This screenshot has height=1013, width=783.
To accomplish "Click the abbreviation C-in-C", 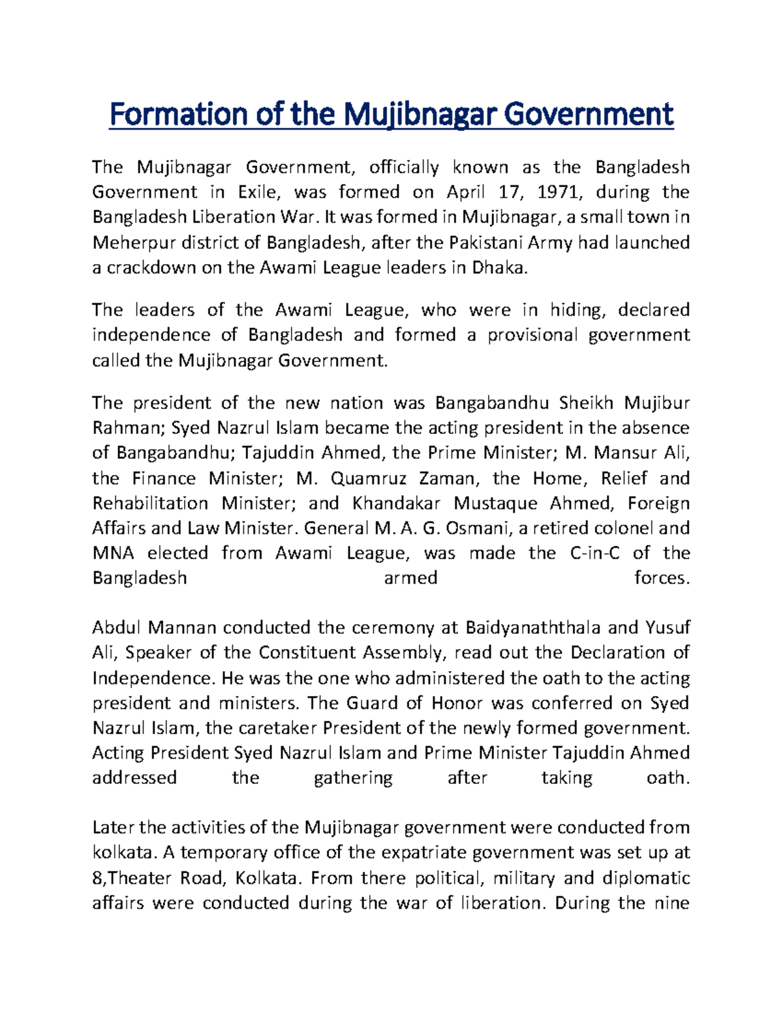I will point(595,554).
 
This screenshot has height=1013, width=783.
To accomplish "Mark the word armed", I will point(410,579).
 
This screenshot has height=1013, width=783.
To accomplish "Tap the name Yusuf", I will point(668,628).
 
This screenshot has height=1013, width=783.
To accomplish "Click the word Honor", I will point(457,703).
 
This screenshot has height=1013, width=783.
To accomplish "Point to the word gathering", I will point(353,778).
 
